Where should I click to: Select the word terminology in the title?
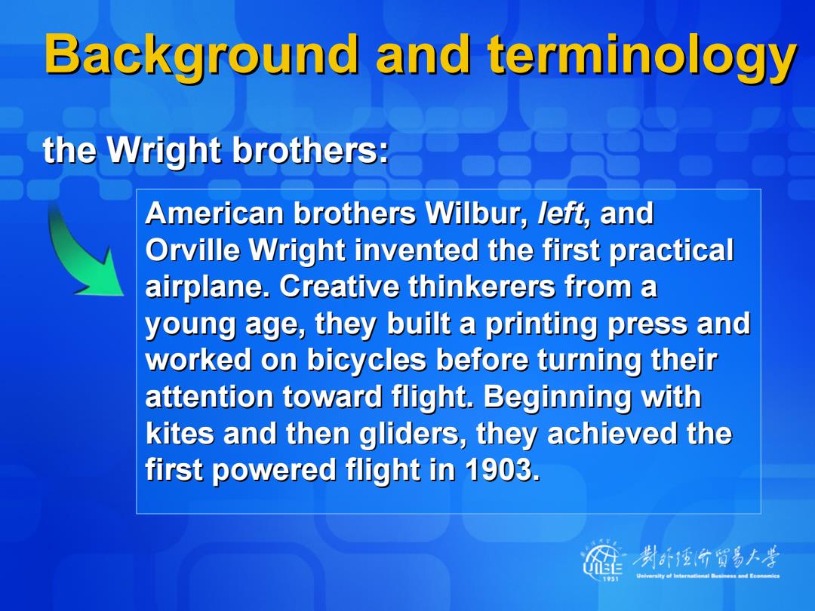642,56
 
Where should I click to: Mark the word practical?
671,251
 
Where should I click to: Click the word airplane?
208,287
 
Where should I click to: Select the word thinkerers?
481,287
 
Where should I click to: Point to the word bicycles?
367,360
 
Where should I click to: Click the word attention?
209,397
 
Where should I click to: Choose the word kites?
180,433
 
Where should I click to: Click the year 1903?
502,470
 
